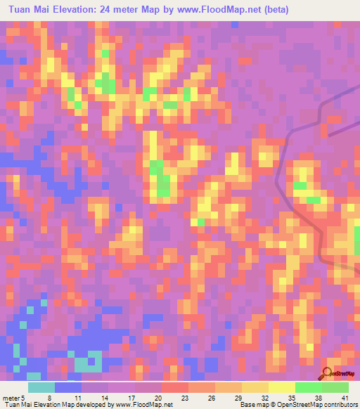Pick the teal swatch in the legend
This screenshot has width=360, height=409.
41,387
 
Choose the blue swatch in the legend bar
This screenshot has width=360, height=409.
68,387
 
